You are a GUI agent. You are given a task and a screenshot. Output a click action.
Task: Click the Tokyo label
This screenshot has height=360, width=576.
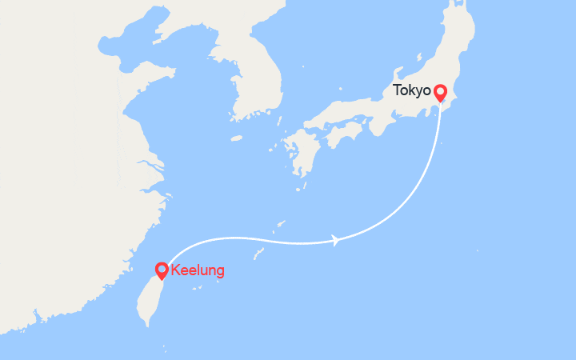coord(411,90)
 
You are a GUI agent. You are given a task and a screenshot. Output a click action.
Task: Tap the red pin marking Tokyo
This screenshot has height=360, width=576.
coord(440,93)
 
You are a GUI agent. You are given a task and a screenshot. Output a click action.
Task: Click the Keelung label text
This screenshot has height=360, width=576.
coord(198,270)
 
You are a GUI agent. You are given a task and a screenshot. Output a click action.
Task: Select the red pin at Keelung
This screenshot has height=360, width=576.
coord(162,270)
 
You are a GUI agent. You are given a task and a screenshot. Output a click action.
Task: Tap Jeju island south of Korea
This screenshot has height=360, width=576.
coord(236,138)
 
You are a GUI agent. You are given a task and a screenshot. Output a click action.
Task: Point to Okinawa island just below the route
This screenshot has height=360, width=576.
coord(259,253)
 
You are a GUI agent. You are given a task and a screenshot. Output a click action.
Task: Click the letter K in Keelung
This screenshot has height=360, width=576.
coord(175,270)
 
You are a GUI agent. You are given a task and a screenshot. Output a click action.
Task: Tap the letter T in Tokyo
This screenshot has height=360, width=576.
coord(395,90)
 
